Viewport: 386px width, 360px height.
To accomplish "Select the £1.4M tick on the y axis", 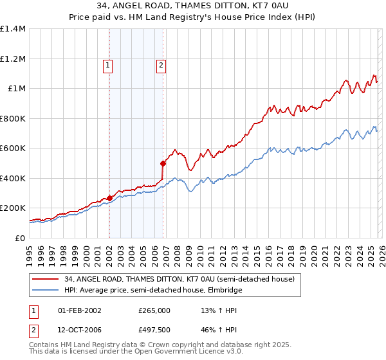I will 13,29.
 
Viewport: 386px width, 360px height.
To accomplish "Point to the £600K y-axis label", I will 13,148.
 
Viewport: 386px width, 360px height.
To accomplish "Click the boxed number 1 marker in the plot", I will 107,64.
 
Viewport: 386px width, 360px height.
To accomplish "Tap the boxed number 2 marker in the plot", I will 160,64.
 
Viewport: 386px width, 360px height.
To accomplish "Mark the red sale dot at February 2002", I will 109,199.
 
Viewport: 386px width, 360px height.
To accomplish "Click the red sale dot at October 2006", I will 163,164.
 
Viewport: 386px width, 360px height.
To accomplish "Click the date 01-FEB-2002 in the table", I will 80,310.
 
